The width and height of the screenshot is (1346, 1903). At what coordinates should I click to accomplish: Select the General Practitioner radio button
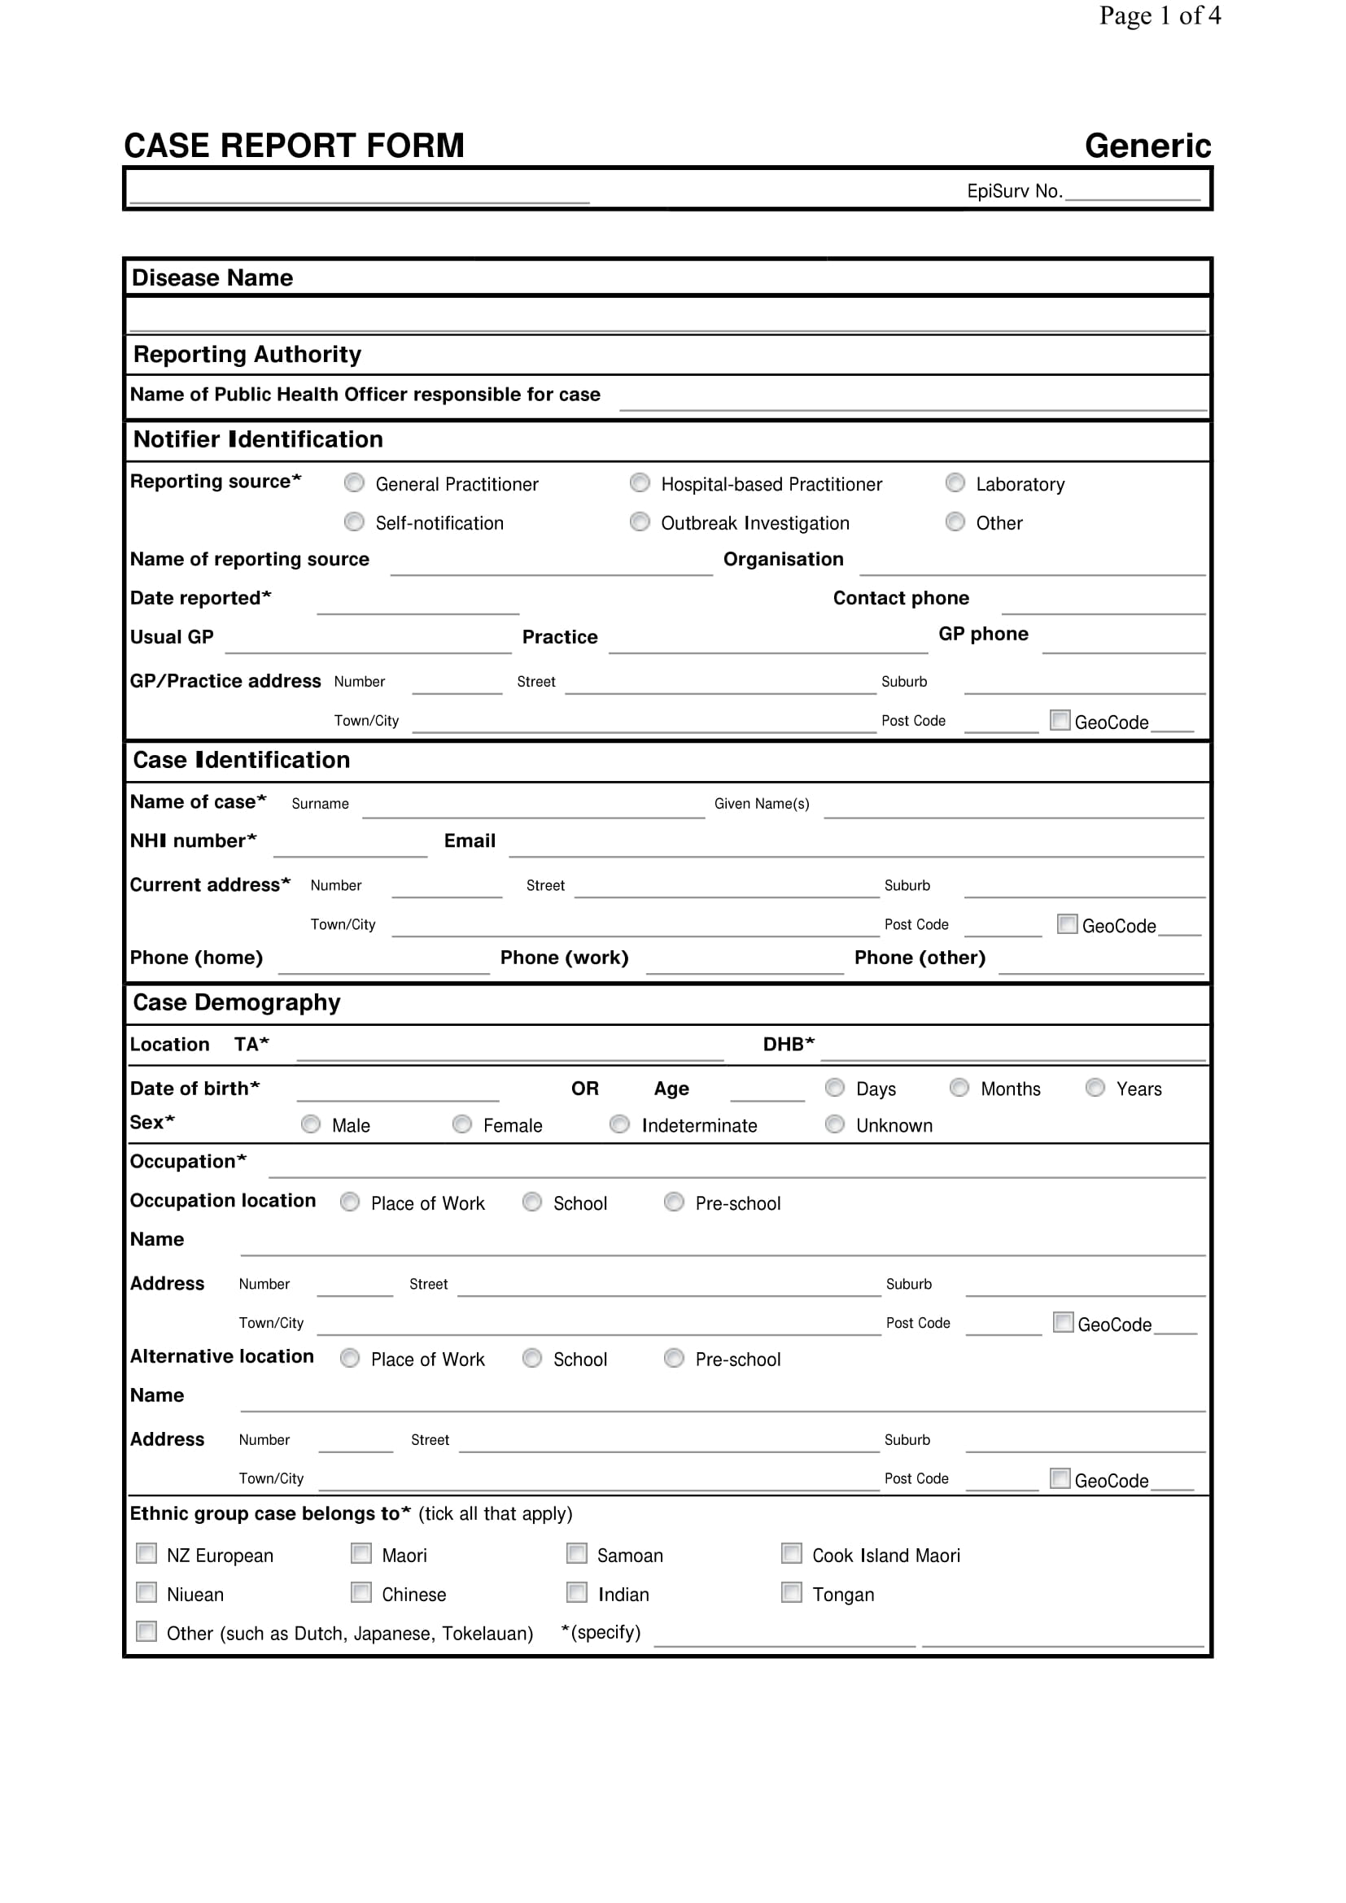tap(354, 482)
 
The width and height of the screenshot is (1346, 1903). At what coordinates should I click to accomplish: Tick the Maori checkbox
tap(361, 1553)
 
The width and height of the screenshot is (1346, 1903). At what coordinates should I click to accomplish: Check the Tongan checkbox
tap(792, 1592)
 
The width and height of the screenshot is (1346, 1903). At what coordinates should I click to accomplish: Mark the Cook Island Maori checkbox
tap(792, 1553)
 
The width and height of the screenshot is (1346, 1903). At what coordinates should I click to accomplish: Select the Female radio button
tap(461, 1124)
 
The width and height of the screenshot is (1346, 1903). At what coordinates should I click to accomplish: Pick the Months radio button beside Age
tap(959, 1088)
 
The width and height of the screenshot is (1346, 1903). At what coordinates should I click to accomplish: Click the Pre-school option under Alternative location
tap(674, 1358)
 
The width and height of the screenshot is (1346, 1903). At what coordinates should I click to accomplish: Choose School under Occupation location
tap(532, 1202)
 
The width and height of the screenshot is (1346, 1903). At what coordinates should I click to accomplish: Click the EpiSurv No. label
tap(1014, 191)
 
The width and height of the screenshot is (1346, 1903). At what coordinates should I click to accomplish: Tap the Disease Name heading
tap(212, 277)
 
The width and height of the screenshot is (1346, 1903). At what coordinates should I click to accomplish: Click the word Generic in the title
tap(1147, 146)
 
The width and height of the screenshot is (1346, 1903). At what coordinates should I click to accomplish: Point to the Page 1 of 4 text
tap(1159, 15)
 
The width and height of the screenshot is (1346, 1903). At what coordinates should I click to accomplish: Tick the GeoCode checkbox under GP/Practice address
tap(1060, 719)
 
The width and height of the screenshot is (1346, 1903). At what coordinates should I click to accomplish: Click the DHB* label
tap(789, 1045)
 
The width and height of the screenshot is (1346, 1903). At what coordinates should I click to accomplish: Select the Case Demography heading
tap(237, 1003)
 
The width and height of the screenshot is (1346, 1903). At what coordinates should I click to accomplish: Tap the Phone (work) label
tap(564, 958)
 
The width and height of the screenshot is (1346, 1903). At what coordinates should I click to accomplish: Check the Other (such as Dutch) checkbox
tap(146, 1631)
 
